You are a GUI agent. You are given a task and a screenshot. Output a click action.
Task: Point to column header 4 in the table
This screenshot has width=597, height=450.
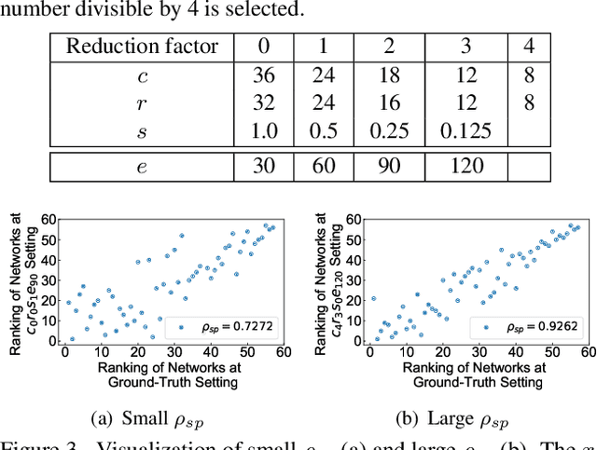pyautogui.click(x=530, y=47)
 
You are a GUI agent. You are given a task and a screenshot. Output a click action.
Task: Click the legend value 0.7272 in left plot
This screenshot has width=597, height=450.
pyautogui.click(x=230, y=327)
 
